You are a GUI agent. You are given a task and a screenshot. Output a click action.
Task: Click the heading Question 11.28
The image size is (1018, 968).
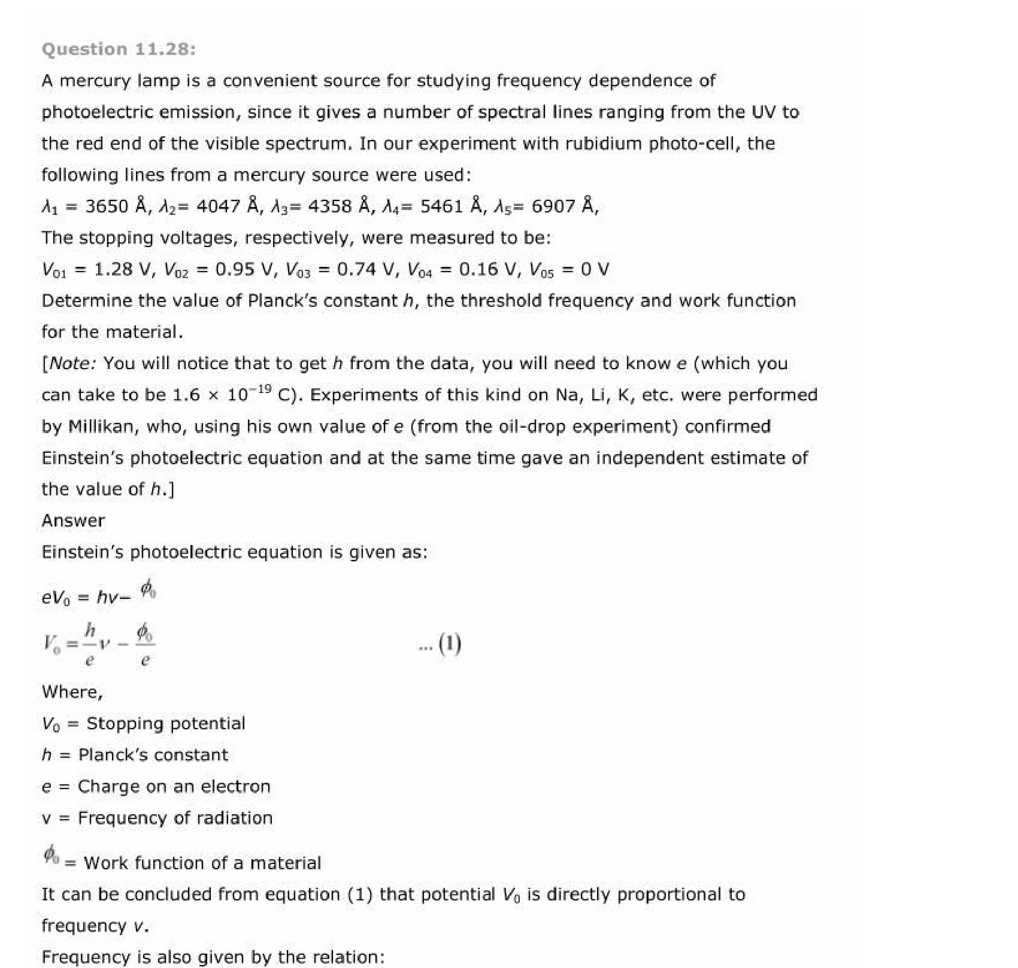119,49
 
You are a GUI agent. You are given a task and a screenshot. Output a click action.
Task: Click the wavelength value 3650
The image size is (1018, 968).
107,206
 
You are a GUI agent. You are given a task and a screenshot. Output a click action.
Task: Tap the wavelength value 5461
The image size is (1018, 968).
441,206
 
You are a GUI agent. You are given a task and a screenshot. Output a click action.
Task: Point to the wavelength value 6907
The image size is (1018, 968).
553,206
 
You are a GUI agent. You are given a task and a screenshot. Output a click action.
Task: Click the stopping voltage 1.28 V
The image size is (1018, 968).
122,269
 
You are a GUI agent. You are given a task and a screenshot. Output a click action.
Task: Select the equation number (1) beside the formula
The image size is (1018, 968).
449,644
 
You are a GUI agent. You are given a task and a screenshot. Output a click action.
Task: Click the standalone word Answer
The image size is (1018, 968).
73,520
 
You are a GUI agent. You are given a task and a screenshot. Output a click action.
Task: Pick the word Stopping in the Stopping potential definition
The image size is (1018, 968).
123,724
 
